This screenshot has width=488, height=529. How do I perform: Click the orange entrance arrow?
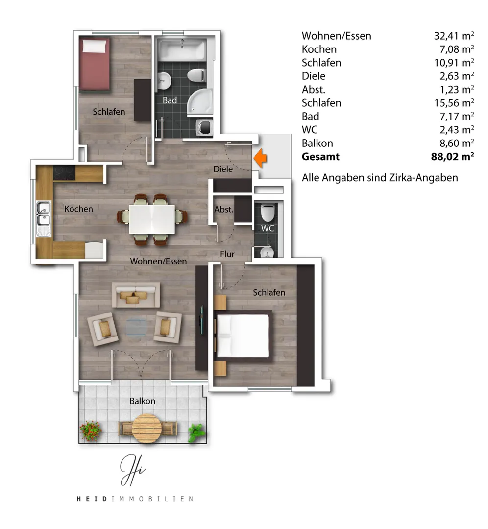point(260,158)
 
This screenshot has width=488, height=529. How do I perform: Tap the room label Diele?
point(223,169)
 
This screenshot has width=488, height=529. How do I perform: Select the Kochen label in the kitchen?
point(78,209)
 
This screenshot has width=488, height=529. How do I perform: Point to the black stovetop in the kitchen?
point(64,173)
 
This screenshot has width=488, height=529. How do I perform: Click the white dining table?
point(152,219)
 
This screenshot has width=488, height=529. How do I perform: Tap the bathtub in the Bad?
point(182,50)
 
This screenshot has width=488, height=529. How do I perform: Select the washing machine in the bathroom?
point(204,127)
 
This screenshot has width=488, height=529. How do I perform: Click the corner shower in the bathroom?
point(200,102)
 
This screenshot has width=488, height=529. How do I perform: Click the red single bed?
point(94,64)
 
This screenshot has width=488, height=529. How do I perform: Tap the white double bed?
point(243,336)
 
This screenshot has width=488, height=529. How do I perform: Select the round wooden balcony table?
point(146,429)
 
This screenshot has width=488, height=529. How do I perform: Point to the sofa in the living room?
point(136,295)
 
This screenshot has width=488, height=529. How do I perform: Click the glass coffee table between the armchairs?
point(136,327)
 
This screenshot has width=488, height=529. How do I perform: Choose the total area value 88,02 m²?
point(453,157)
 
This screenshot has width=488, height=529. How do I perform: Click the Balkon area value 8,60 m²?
point(457,143)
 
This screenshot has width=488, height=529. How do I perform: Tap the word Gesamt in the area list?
point(320,157)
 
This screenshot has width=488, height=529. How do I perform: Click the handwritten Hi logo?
point(132,470)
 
